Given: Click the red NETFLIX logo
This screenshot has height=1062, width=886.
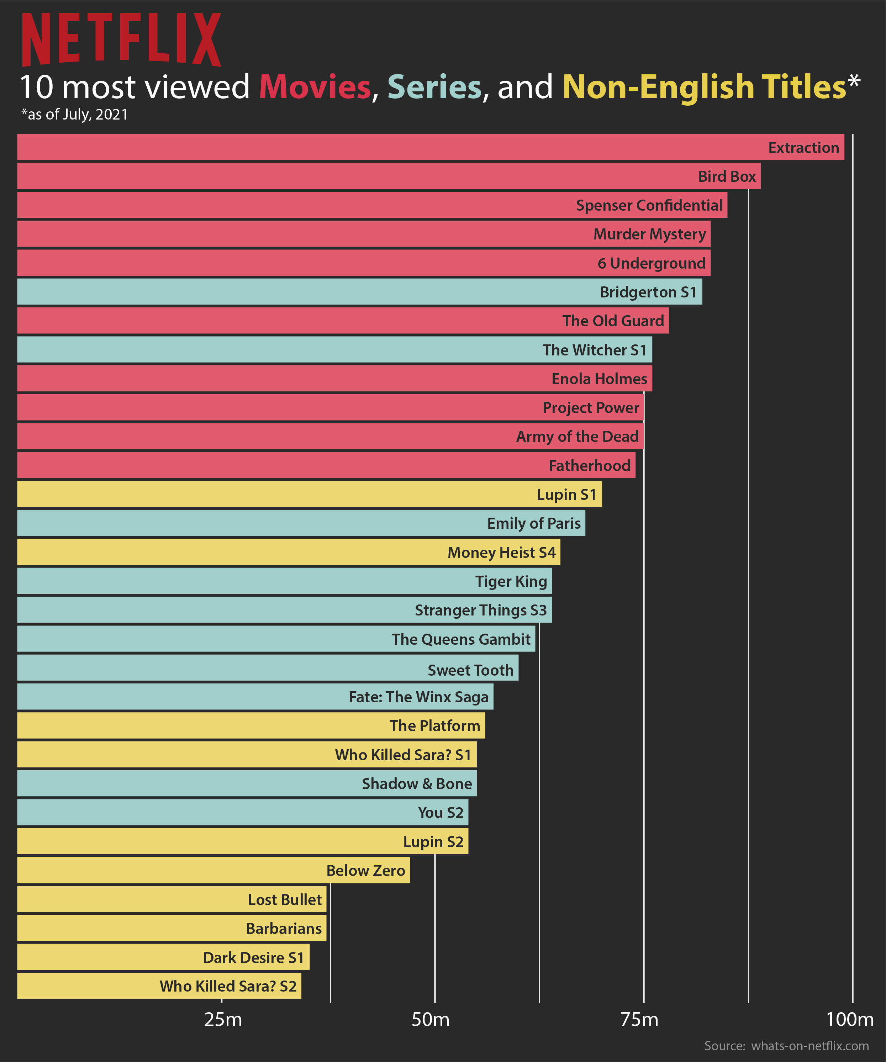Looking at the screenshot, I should coord(121,39).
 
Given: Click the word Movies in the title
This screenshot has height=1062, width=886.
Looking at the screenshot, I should coord(315,87).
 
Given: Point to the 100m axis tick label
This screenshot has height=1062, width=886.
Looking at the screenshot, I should coord(850,1020).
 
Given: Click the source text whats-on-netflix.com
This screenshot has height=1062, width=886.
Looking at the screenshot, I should coord(809,1046).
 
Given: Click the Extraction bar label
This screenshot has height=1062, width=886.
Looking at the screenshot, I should coord(803,148).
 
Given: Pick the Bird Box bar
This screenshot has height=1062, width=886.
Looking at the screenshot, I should coord(354,176).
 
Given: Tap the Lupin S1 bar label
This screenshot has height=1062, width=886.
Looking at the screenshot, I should coord(566,494).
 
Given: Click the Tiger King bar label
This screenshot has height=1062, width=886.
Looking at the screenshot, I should coord(511,582).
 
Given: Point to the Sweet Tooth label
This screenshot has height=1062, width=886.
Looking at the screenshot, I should coord(470,670).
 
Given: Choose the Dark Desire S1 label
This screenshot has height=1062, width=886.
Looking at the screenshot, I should coord(253,958).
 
